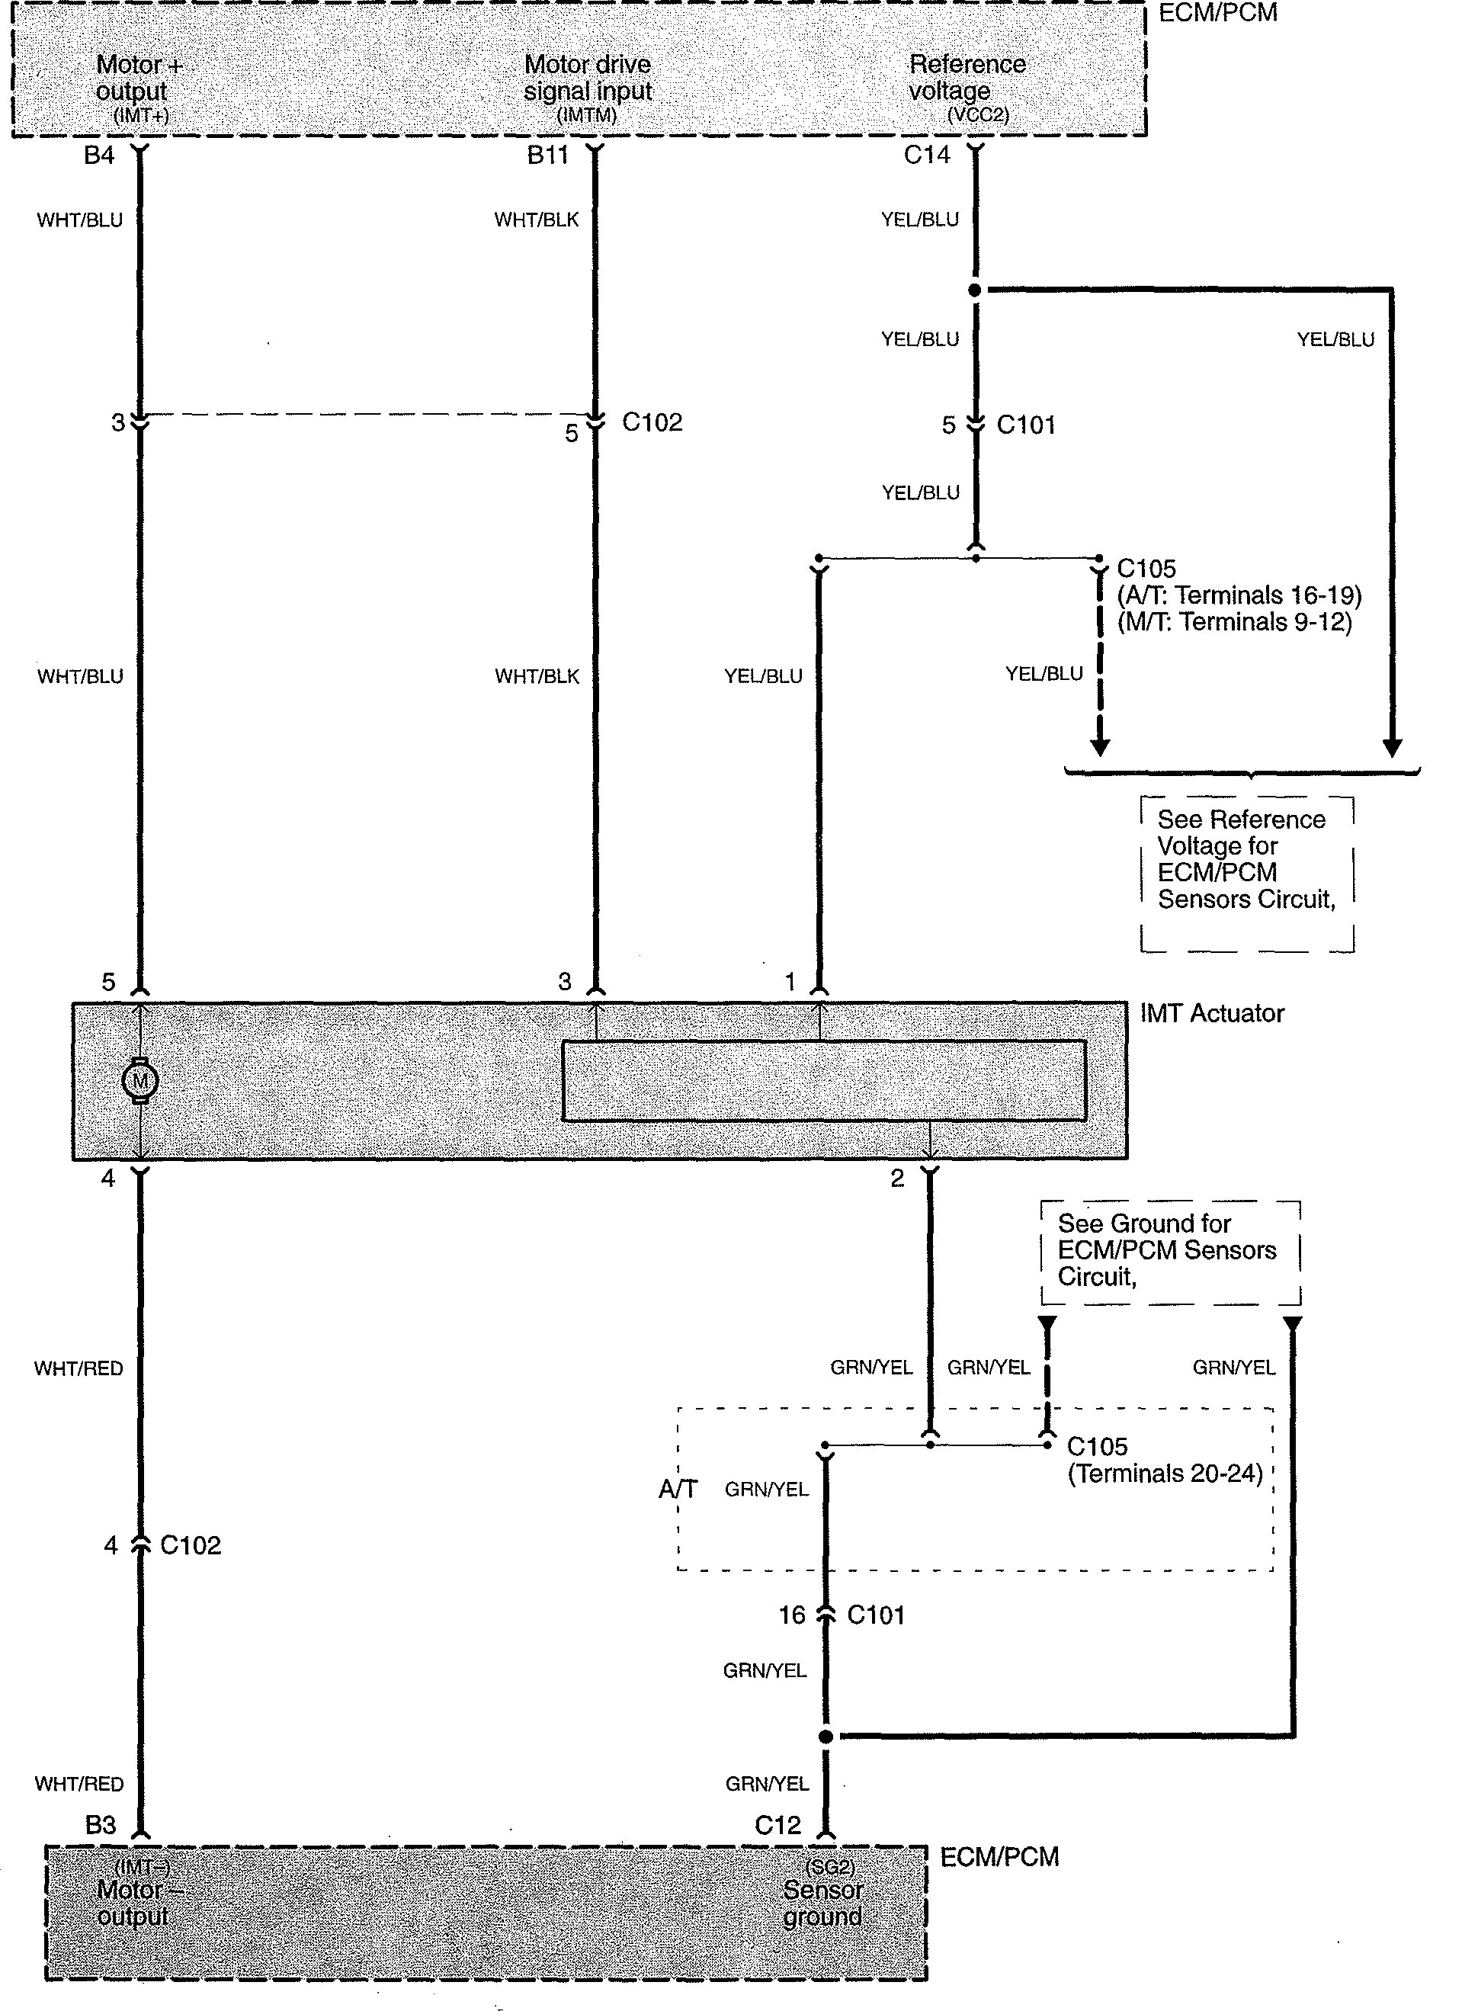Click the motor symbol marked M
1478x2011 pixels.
click(x=139, y=1081)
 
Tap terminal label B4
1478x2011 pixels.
click(x=99, y=156)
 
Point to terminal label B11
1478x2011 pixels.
click(x=547, y=156)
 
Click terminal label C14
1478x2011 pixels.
click(x=927, y=156)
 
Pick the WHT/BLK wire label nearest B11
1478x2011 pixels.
click(x=537, y=220)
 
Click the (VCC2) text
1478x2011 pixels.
click(x=978, y=115)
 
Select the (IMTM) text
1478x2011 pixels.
click(x=587, y=115)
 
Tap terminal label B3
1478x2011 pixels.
click(x=100, y=1825)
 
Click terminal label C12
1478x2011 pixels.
click(x=777, y=1825)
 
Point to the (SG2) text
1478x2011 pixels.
click(x=829, y=1867)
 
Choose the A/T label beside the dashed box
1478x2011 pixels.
click(x=678, y=1489)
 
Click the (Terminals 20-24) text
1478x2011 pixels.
click(x=1165, y=1474)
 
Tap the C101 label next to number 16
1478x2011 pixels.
click(x=876, y=1615)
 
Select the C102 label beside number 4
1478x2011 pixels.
click(x=191, y=1545)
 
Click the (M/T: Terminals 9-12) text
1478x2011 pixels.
click(x=1235, y=622)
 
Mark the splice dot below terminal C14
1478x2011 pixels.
click(x=975, y=290)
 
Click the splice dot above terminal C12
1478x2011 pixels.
click(x=826, y=1737)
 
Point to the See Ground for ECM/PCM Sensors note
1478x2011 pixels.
click(x=1168, y=1249)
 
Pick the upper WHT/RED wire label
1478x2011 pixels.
click(x=79, y=1368)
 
